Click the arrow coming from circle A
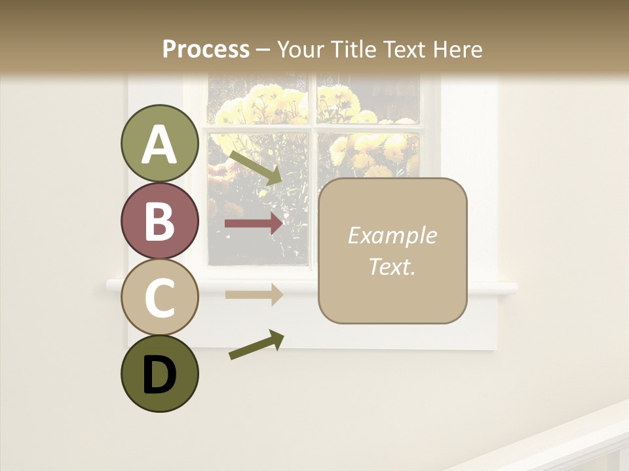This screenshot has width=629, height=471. click(256, 167)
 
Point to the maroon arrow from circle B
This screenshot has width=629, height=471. click(254, 224)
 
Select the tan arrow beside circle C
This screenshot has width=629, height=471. click(254, 294)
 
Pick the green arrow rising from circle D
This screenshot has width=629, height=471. click(256, 345)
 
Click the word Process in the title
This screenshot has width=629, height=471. click(206, 49)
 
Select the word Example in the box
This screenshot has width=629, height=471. click(392, 235)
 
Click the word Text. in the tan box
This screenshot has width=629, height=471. click(392, 266)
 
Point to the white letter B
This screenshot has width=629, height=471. click(159, 220)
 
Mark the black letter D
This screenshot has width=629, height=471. click(159, 375)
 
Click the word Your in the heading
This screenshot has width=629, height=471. click(301, 49)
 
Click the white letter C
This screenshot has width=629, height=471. click(159, 298)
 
